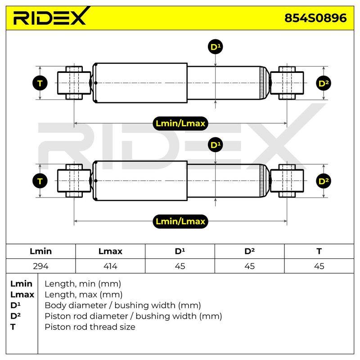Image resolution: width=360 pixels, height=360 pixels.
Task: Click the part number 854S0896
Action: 315,18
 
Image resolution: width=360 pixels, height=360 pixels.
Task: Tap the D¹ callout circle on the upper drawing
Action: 215,47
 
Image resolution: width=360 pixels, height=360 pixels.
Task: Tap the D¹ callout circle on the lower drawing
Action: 215,145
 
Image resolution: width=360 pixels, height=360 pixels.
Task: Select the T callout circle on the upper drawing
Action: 40,83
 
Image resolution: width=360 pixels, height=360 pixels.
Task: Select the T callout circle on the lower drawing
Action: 40,181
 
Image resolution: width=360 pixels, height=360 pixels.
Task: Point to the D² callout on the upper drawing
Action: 324,83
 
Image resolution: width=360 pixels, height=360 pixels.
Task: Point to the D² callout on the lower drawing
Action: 324,181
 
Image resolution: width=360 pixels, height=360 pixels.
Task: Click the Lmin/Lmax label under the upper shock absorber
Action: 180,123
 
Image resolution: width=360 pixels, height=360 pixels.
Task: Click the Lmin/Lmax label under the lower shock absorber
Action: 180,221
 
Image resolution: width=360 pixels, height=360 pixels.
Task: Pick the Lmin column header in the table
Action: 40,251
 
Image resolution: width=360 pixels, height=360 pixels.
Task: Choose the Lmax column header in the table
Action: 110,251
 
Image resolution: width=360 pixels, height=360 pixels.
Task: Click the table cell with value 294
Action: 40,266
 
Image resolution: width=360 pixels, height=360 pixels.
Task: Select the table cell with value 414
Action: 110,266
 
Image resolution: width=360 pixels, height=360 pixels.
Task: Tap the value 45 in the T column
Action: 319,266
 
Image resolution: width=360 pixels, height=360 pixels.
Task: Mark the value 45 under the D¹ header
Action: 180,266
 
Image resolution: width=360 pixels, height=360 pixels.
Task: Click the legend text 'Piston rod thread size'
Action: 90,327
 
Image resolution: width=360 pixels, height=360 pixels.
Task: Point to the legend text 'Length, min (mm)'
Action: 83,284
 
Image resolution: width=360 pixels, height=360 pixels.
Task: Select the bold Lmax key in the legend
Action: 22,295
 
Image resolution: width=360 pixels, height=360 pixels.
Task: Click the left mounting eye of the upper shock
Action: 74,83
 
